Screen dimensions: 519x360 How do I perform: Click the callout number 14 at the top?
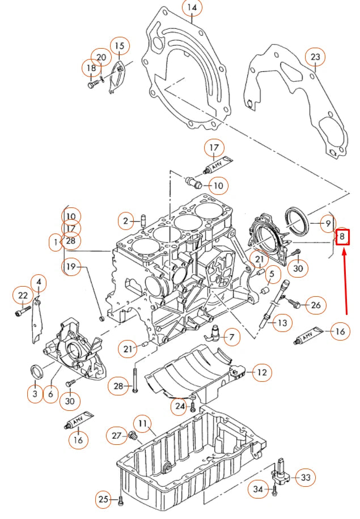pyautogui.click(x=192, y=8)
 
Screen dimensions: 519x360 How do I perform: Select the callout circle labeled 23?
pyautogui.click(x=315, y=57)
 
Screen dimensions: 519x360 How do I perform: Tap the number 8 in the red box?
pyautogui.click(x=342, y=236)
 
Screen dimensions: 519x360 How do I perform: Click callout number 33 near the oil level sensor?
pyautogui.click(x=306, y=478)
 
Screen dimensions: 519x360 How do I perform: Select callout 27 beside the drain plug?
pyautogui.click(x=117, y=435)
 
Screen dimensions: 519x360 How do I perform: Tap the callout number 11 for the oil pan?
pyautogui.click(x=142, y=423)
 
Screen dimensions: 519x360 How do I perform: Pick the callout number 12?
pyautogui.click(x=261, y=372)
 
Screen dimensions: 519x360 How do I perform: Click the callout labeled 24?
pyautogui.click(x=180, y=406)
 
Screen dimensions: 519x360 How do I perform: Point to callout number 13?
pyautogui.click(x=283, y=324)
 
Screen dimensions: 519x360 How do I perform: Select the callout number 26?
pyautogui.click(x=316, y=305)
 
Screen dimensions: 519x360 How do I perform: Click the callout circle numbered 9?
pyautogui.click(x=328, y=224)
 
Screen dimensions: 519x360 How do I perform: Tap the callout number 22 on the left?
pyautogui.click(x=23, y=295)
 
